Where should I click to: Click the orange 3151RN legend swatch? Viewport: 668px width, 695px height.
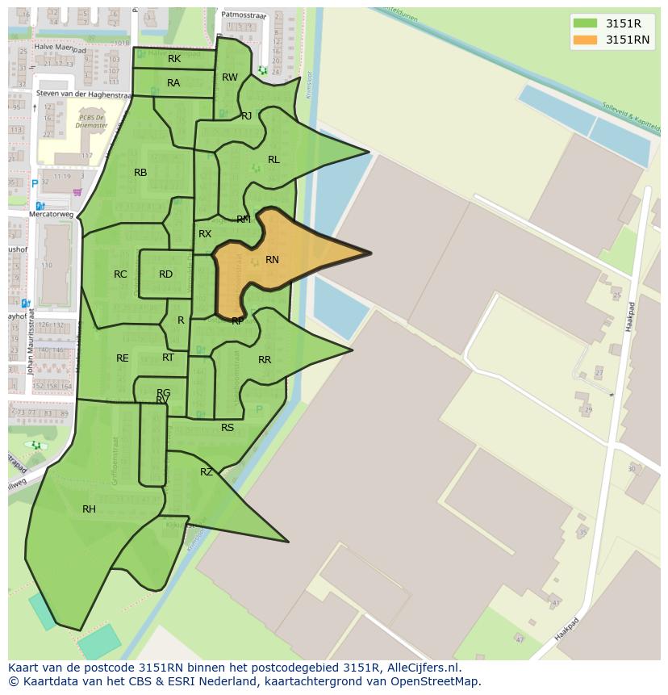click(586, 40)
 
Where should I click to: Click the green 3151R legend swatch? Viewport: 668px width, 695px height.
click(586, 23)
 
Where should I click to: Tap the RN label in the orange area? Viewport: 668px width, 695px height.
click(272, 260)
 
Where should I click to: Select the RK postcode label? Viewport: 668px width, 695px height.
click(174, 59)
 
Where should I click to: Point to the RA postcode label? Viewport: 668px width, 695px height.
click(173, 83)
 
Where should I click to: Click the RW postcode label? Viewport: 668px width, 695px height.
click(230, 77)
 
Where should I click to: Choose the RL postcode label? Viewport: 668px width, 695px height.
click(273, 160)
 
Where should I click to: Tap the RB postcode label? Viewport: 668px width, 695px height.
click(140, 173)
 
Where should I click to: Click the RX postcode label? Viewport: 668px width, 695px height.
click(205, 234)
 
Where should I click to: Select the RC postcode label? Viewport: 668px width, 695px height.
click(120, 274)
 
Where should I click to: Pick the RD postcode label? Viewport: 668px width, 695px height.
click(165, 274)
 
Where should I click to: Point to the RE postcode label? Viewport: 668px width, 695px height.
click(123, 358)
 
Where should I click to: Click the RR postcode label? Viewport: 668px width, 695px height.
click(265, 360)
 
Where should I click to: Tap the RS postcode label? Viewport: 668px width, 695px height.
click(228, 428)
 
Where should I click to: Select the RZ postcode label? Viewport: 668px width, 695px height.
click(207, 472)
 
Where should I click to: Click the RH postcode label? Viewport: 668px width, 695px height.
click(89, 509)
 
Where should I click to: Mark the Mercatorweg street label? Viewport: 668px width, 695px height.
click(52, 215)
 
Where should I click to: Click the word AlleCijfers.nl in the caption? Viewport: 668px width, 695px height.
click(423, 668)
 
